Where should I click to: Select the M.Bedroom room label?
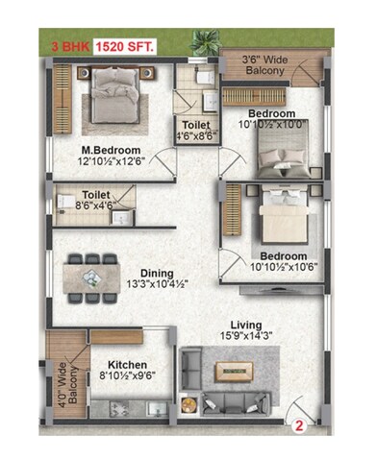[111, 151]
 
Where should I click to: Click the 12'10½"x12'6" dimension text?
[111, 163]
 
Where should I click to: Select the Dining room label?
[156, 273]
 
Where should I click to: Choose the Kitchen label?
[127, 365]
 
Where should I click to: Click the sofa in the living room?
[231, 401]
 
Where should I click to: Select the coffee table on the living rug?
[231, 370]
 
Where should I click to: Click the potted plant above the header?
[205, 40]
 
